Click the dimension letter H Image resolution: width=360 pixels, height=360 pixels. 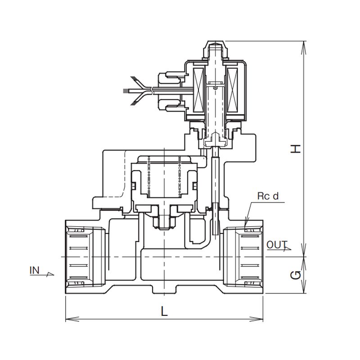click(295, 148)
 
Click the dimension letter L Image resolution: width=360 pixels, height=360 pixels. click(164, 311)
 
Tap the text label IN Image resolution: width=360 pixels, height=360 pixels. click(35, 270)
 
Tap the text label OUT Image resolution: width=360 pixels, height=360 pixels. click(277, 245)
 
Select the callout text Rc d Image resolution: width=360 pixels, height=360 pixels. click(268, 196)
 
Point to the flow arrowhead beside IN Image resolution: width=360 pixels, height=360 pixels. click(50, 273)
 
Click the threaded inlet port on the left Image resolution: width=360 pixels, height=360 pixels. click(85, 256)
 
